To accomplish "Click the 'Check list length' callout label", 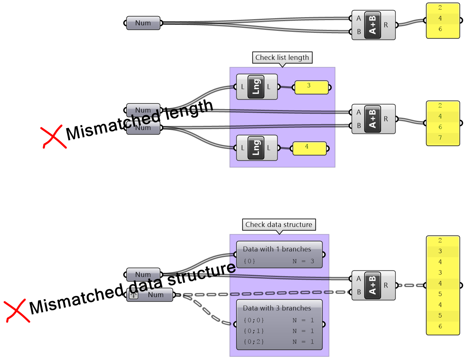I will point(282,57).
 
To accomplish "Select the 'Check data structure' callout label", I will point(279,224).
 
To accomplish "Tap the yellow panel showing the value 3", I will point(311,87).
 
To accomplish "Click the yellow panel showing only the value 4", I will point(309,148).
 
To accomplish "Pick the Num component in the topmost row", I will point(143,23).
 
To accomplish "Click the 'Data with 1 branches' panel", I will point(279,255).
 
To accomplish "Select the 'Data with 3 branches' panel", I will point(279,324).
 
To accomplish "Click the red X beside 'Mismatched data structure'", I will point(17,311).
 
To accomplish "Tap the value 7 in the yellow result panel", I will point(440,138).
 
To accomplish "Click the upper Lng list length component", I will point(256,87).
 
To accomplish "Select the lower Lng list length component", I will point(256,148).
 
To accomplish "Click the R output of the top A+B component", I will point(386,25).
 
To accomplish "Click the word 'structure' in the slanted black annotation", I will point(201,273).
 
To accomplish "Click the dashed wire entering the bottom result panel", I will point(411,286).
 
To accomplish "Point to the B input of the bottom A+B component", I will point(358,292).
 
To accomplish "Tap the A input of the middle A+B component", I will point(358,112).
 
